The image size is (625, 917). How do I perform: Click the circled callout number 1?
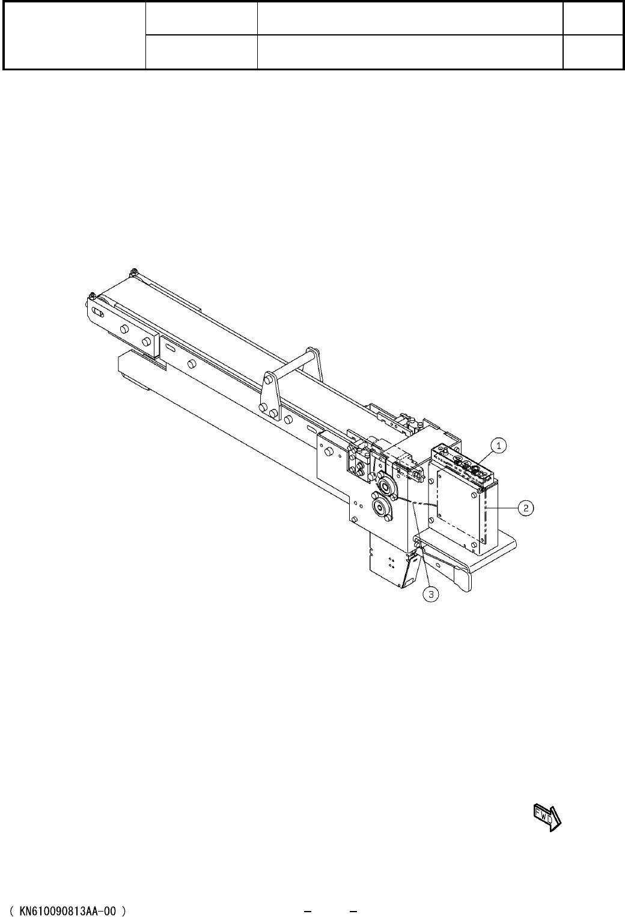click(499, 446)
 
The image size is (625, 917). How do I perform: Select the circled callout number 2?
click(526, 508)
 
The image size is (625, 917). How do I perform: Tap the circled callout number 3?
click(431, 594)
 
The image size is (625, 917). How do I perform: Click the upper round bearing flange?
click(385, 486)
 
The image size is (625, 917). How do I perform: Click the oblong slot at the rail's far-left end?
click(98, 312)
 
